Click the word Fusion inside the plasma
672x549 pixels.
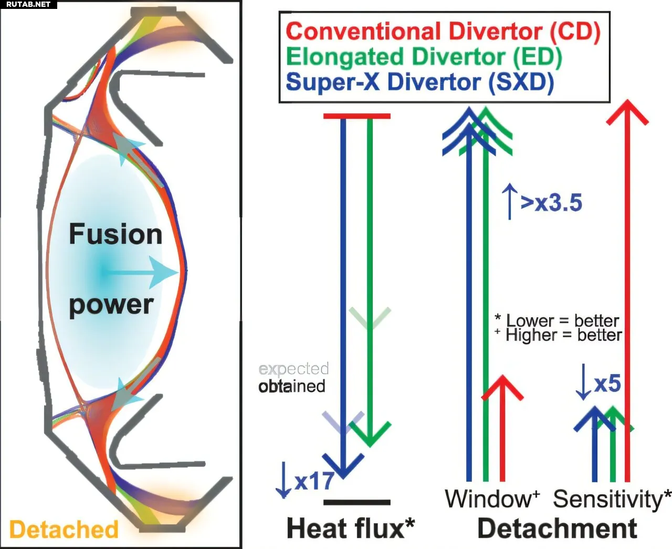pyautogui.click(x=115, y=234)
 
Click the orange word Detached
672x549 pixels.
pyautogui.click(x=64, y=530)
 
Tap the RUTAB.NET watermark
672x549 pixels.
pyautogui.click(x=28, y=4)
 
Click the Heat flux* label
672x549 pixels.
pyautogui.click(x=351, y=529)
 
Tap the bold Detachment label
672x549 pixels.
pyautogui.click(x=558, y=529)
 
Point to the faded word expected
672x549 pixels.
pyautogui.click(x=293, y=369)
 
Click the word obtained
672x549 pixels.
pyautogui.click(x=292, y=387)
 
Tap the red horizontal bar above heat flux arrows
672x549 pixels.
pyautogui.click(x=357, y=116)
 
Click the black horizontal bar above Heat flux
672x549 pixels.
pyautogui.click(x=357, y=503)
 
